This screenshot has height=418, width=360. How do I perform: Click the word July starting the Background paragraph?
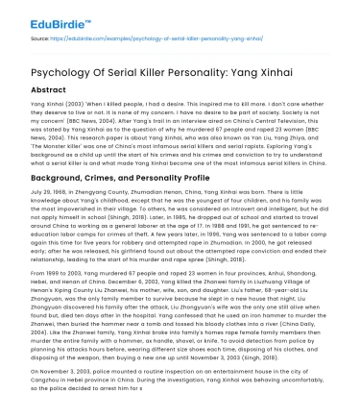coord(38,196)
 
